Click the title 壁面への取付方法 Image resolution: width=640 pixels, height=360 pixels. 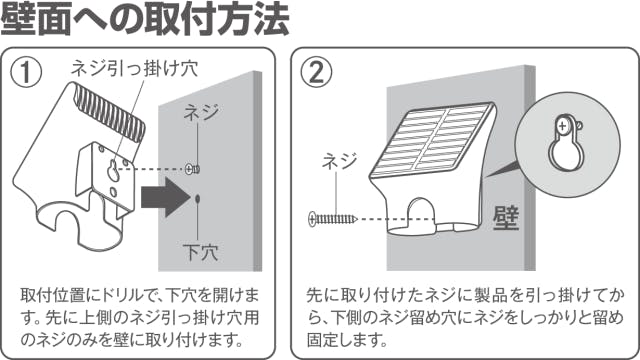tap(144, 19)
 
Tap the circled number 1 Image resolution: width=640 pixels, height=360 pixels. tap(26, 73)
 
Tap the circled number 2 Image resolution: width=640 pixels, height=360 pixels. tap(317, 73)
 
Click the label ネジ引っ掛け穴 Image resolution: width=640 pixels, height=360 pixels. tap(134, 68)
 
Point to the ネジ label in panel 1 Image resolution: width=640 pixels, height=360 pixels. tap(201, 112)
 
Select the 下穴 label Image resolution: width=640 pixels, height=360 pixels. tap(201, 253)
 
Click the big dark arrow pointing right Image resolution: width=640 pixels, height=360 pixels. tap(166, 197)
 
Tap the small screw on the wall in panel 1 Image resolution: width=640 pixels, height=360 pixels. tap(192, 169)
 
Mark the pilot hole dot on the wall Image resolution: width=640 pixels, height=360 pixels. tap(198, 199)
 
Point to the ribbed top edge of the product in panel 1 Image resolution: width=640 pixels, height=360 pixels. tap(109, 112)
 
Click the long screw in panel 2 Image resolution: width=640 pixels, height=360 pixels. tap(333, 219)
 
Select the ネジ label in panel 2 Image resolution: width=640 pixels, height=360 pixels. tap(340, 161)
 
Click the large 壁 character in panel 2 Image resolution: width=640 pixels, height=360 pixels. tap(506, 218)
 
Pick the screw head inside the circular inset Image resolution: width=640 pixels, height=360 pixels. tap(563, 125)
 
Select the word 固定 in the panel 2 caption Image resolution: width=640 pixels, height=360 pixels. tap(323, 340)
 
